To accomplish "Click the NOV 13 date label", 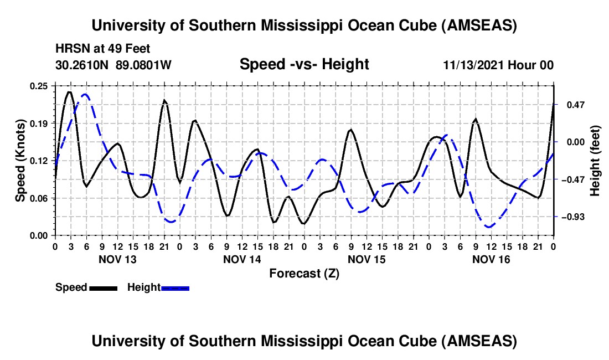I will (x=117, y=259).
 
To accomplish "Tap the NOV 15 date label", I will (x=367, y=259).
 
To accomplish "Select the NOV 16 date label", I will (x=491, y=259).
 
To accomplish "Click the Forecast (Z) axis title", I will (x=304, y=273).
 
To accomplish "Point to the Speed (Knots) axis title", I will (x=20, y=161).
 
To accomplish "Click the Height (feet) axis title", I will (x=596, y=161).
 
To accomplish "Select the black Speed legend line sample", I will (x=103, y=288).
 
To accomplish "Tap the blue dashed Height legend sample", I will (x=176, y=288).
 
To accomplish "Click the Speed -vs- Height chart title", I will (x=304, y=65).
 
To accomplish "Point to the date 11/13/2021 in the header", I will (x=479, y=65).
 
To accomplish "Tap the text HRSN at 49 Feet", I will (x=102, y=49).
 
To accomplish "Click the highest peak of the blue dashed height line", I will (x=85, y=94).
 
